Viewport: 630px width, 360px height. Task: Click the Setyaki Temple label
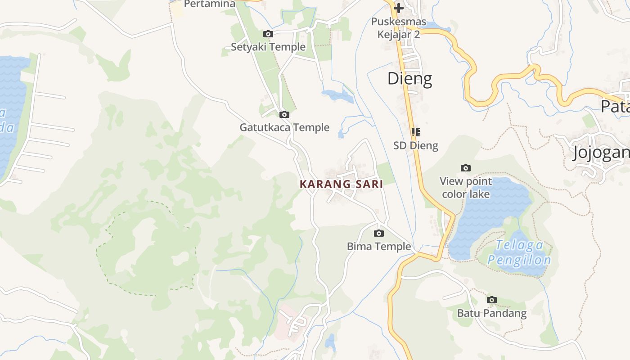click(x=268, y=47)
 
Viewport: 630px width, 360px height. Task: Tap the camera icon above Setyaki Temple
click(x=268, y=34)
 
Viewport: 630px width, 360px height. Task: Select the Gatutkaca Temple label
click(x=284, y=127)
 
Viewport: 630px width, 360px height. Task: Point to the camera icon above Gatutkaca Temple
click(x=284, y=115)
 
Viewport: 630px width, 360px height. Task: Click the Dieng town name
click(x=409, y=79)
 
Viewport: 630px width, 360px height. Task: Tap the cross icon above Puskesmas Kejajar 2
click(x=398, y=8)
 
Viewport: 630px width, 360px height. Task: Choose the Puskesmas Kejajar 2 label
click(x=398, y=28)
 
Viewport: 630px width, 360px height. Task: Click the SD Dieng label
click(x=415, y=145)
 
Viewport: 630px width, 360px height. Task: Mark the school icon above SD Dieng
click(x=415, y=132)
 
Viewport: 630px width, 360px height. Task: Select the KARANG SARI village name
click(x=341, y=184)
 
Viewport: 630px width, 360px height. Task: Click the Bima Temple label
click(x=379, y=246)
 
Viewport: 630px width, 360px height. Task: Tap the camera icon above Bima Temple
click(x=379, y=233)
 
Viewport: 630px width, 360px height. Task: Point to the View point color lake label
click(x=466, y=188)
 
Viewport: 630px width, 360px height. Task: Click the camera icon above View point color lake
click(x=466, y=168)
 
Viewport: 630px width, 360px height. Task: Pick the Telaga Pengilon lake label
click(x=519, y=252)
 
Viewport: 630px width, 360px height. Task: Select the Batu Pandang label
click(x=492, y=313)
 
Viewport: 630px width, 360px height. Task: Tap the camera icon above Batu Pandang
click(x=492, y=300)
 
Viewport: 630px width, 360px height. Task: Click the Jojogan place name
click(x=601, y=153)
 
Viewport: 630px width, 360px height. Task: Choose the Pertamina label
click(x=210, y=4)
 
